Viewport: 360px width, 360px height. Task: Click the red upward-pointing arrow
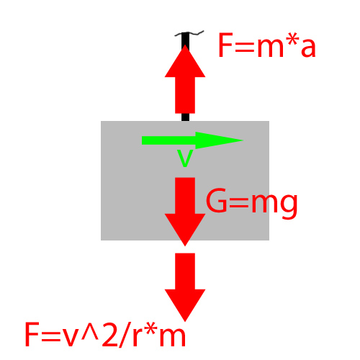click(x=185, y=79)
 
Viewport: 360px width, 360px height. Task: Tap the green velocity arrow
click(x=192, y=140)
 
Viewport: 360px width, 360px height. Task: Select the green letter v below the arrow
click(x=185, y=158)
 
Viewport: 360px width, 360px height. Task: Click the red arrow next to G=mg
click(x=185, y=212)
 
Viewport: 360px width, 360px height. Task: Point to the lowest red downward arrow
click(x=185, y=287)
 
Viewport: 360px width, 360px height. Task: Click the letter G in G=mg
click(x=216, y=200)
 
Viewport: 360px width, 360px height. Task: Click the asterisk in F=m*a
click(x=293, y=40)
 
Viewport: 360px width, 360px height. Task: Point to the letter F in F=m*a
click(x=225, y=45)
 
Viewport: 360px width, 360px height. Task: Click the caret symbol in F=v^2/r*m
click(x=90, y=331)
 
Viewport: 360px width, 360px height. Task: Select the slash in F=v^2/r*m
click(x=125, y=335)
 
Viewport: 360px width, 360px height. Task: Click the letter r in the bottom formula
click(x=139, y=337)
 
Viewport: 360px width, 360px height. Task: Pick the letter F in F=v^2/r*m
click(x=31, y=335)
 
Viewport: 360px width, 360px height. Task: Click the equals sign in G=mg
click(x=238, y=203)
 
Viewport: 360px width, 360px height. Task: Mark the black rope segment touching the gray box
click(x=185, y=117)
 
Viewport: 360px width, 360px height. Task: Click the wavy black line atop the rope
click(x=189, y=33)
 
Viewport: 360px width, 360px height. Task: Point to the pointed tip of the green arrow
click(x=243, y=140)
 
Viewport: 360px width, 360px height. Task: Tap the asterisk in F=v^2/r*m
click(x=153, y=330)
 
